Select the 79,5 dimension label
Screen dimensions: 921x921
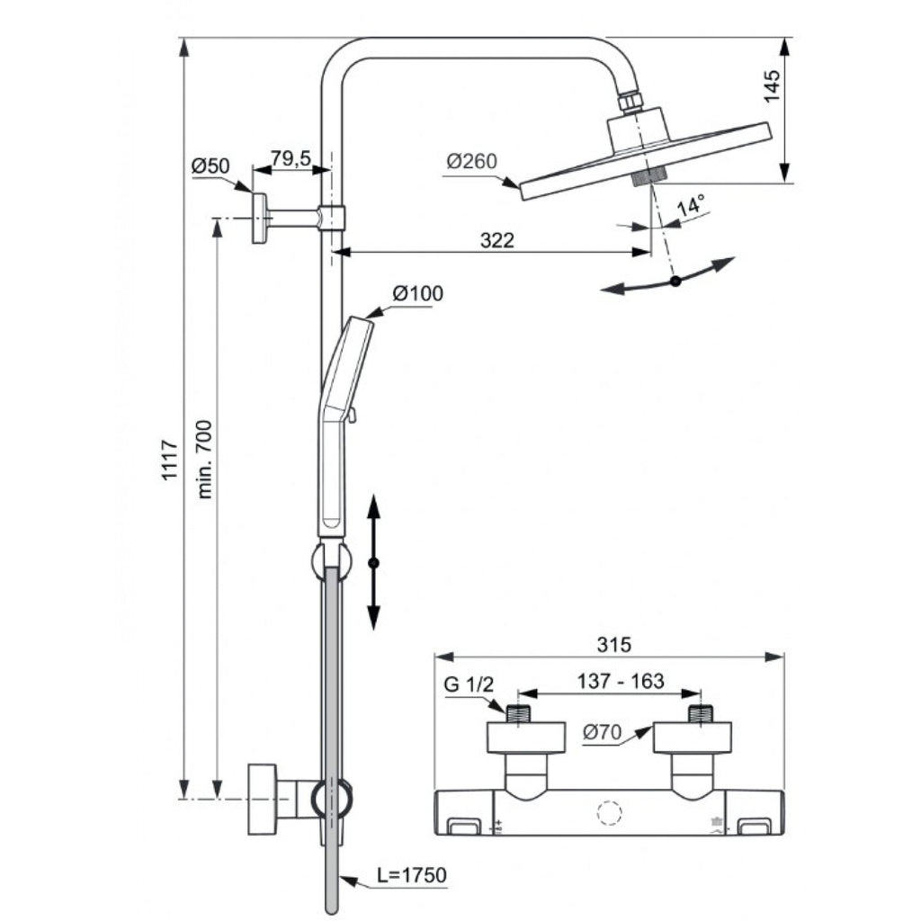pos(291,159)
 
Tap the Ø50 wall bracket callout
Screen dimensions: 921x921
pos(210,165)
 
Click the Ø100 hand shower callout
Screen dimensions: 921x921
pos(417,293)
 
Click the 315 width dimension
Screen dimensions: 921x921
pos(614,645)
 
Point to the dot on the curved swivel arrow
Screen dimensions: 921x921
pos(675,282)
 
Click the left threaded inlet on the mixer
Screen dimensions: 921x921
pos(518,714)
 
